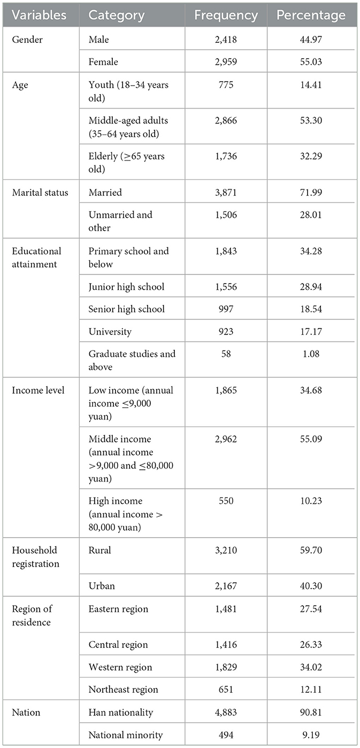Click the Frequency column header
225,16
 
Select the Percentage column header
311,16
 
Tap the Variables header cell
40,16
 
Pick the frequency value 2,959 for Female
226,62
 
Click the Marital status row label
40,192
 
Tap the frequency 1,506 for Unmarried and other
226,215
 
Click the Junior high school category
126,287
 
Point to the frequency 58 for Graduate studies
226,354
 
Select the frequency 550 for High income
226,501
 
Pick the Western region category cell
120,667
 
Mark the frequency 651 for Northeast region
226,690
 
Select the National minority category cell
124,735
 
